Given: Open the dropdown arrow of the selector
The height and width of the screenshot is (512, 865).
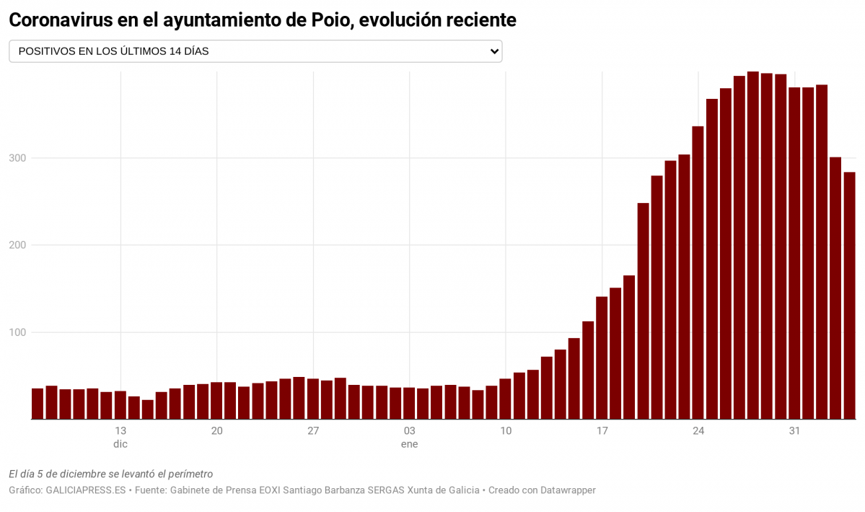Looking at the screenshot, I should pyautogui.click(x=494, y=51).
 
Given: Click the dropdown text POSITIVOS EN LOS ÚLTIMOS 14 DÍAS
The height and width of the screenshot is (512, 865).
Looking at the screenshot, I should pyautogui.click(x=113, y=51).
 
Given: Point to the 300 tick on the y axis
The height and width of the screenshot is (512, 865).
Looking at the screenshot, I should pyautogui.click(x=17, y=158).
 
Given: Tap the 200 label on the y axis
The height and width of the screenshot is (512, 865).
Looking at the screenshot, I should pyautogui.click(x=17, y=246).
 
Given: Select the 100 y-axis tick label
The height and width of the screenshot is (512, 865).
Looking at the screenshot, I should pyautogui.click(x=17, y=333).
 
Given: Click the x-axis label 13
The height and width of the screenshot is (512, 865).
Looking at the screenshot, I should pyautogui.click(x=120, y=431).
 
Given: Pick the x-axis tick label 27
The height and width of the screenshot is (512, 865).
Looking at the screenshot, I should pyautogui.click(x=313, y=431).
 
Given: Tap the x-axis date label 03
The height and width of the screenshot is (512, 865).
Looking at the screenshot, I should pyautogui.click(x=409, y=431).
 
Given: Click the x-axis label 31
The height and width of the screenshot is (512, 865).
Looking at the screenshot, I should pyautogui.click(x=794, y=431).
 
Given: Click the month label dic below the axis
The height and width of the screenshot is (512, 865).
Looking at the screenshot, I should pyautogui.click(x=120, y=444).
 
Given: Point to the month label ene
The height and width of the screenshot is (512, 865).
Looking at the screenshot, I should pyautogui.click(x=409, y=444).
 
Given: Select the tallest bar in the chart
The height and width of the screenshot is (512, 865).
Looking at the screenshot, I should pyautogui.click(x=752, y=246).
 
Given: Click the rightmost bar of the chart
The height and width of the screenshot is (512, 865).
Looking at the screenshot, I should pyautogui.click(x=849, y=296).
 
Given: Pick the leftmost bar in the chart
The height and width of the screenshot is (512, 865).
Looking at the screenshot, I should pyautogui.click(x=38, y=404).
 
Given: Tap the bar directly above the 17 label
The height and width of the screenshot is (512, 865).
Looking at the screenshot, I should pyautogui.click(x=602, y=358).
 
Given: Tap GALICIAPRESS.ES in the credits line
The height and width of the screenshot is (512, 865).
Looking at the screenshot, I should pyautogui.click(x=86, y=490).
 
